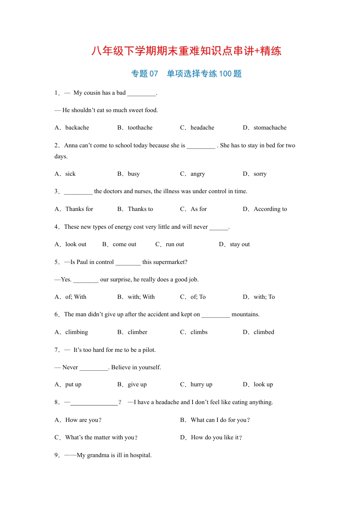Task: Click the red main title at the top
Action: coord(186,51)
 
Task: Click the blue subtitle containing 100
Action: coord(186,73)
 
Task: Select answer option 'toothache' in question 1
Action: coord(140,128)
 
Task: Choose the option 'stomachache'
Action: coord(270,128)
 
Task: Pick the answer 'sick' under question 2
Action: coord(70,174)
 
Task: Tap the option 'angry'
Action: coord(197,174)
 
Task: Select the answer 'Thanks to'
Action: coord(140,209)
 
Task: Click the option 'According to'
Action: coord(270,209)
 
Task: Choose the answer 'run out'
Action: coord(175,244)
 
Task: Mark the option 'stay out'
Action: coord(239,244)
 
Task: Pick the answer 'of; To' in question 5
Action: coord(198,297)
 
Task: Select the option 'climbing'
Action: coord(77,332)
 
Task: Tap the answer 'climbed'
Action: coord(264,332)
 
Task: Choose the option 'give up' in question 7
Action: coord(137,384)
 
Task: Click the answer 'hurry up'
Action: coord(201,384)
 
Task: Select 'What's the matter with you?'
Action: coord(101,437)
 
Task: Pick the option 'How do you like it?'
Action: coord(216,437)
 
